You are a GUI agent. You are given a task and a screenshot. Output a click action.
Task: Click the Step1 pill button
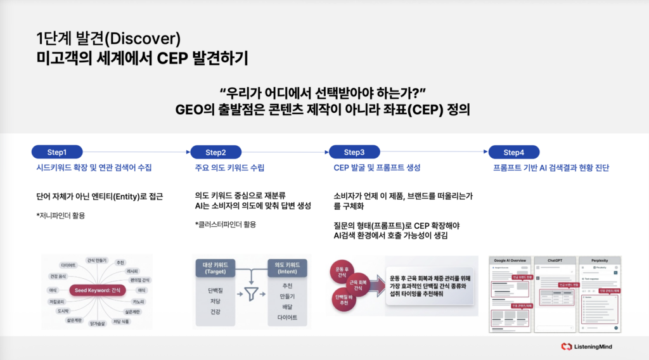[x=57, y=152]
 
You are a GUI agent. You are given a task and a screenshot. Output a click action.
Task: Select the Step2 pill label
[x=216, y=152]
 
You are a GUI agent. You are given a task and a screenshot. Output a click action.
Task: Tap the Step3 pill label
[x=354, y=152]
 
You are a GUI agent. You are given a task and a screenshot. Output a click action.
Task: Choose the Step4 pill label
[x=513, y=152]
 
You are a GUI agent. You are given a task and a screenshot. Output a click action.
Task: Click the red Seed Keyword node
[x=97, y=290]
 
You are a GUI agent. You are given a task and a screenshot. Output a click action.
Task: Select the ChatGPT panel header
[x=554, y=260]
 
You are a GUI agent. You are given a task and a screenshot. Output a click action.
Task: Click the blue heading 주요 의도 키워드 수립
[x=229, y=168]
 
